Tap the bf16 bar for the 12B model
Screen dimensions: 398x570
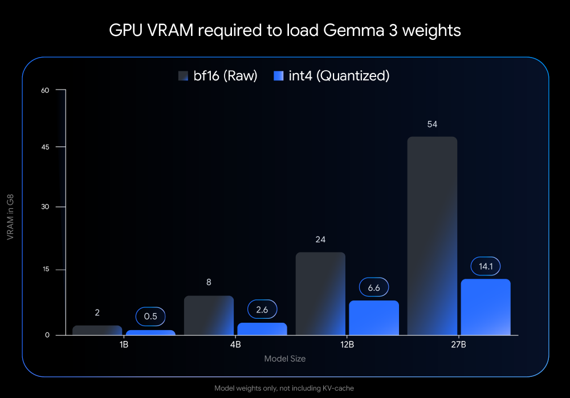tap(320, 293)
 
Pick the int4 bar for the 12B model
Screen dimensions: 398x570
tap(374, 318)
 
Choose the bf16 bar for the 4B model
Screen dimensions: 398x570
tap(209, 315)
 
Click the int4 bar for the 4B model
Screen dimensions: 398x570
tap(262, 328)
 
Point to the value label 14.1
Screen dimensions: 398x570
tap(486, 266)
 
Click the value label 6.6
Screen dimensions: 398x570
tap(374, 288)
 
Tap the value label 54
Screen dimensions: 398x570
tap(432, 124)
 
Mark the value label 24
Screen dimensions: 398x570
tap(320, 239)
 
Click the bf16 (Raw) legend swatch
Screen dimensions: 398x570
tap(183, 76)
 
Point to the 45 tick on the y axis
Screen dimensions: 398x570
tap(46, 147)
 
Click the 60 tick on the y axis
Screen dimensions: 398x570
tap(46, 90)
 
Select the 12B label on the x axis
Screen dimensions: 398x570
tap(347, 346)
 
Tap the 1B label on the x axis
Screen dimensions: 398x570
tap(124, 346)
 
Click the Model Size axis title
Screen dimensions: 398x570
tap(284, 359)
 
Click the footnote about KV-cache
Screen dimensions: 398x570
tap(284, 388)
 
